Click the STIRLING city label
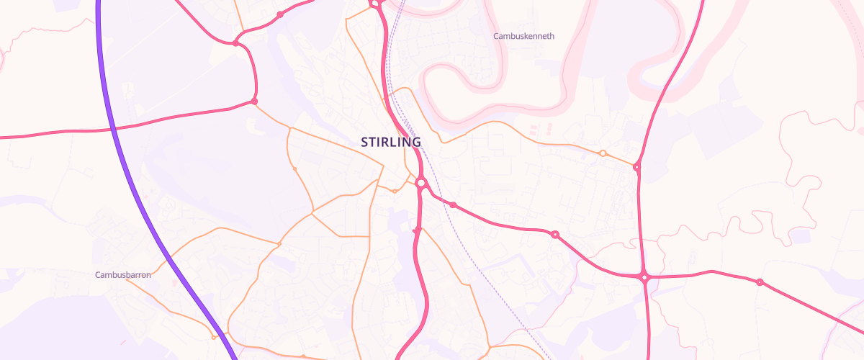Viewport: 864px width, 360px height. pyautogui.click(x=391, y=143)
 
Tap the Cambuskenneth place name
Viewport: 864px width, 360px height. pyautogui.click(x=523, y=36)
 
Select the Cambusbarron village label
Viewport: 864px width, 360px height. pyautogui.click(x=122, y=274)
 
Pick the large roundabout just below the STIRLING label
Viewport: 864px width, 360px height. pyautogui.click(x=421, y=184)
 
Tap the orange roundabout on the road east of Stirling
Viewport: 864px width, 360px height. pyautogui.click(x=603, y=153)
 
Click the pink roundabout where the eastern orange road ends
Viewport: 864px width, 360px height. pyautogui.click(x=636, y=167)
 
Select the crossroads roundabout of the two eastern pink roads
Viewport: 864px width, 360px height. pyautogui.click(x=645, y=276)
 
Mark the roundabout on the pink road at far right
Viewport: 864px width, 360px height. pyautogui.click(x=760, y=282)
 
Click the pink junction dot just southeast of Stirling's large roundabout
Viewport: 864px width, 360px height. pyautogui.click(x=453, y=205)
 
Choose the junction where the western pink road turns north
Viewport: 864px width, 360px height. pyautogui.click(x=254, y=102)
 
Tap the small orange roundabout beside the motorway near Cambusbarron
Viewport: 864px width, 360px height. pyautogui.click(x=214, y=337)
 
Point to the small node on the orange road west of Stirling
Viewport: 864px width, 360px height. pyautogui.click(x=294, y=168)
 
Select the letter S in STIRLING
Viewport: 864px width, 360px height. pyautogui.click(x=365, y=143)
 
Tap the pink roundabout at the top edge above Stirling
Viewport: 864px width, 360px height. pyautogui.click(x=375, y=4)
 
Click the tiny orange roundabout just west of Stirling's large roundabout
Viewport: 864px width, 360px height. pyautogui.click(x=395, y=192)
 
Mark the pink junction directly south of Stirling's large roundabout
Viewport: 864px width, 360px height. pyautogui.click(x=417, y=230)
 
